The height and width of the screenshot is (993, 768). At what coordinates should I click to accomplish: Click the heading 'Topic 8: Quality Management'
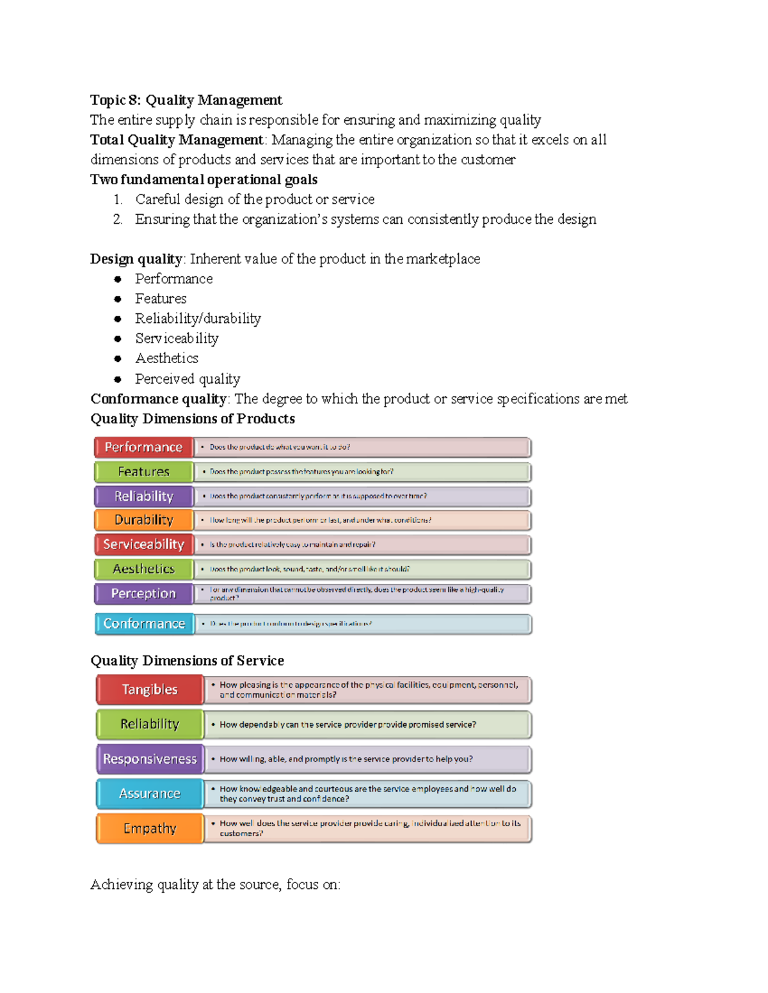186,100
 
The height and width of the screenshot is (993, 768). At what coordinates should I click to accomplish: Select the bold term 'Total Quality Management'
176,140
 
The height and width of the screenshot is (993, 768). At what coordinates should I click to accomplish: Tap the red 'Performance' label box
143,447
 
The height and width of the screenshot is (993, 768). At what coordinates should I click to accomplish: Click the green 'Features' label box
143,472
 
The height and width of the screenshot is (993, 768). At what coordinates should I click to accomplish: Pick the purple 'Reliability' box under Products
143,496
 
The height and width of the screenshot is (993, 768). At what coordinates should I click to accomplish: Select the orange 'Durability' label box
143,520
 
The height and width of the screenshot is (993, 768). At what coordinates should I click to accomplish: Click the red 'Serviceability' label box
143,544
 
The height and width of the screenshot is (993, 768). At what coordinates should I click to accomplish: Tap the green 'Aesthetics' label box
143,568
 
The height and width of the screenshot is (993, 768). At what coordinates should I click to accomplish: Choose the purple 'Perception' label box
143,593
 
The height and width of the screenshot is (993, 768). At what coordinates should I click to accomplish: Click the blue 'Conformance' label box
143,623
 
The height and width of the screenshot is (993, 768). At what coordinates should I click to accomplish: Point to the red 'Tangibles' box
150,689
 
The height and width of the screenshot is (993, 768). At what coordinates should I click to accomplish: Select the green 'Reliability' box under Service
150,724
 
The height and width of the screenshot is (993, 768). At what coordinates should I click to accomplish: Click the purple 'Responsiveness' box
150,759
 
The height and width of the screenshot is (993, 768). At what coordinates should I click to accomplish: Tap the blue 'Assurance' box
150,794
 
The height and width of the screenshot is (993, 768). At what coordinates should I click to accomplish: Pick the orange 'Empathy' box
150,829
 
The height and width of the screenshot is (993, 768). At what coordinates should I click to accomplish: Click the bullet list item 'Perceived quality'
188,379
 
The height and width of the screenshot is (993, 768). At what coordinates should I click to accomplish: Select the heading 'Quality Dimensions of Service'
187,661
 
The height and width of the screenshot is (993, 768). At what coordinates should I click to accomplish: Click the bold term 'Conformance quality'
158,399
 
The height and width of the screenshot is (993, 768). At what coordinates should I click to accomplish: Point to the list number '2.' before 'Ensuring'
118,219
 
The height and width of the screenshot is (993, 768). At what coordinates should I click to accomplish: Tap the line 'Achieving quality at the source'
215,885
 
